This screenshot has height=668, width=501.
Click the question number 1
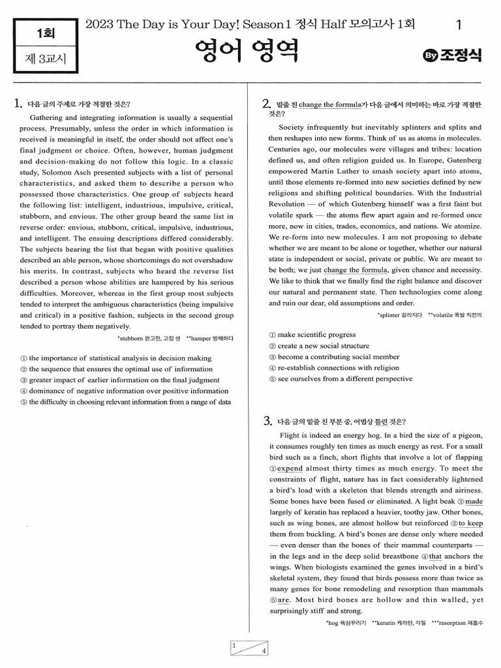pos(18,103)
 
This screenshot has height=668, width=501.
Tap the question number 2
pos(266,104)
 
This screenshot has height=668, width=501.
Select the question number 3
pos(267,421)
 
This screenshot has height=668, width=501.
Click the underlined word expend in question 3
pos(290,468)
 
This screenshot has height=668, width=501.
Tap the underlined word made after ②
pos(474,502)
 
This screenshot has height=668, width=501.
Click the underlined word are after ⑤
pos(283,600)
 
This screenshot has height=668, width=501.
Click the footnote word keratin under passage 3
pos(385,624)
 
